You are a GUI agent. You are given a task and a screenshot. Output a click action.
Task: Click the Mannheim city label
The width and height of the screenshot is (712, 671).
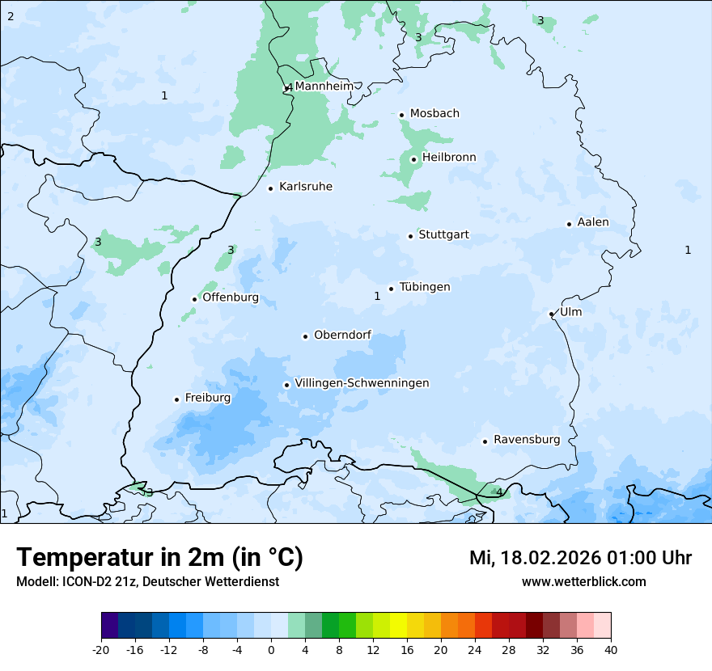[324, 87]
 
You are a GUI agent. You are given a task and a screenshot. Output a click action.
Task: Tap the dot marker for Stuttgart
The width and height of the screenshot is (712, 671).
[410, 236]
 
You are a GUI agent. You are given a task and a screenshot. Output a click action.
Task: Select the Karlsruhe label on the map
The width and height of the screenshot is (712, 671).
[306, 187]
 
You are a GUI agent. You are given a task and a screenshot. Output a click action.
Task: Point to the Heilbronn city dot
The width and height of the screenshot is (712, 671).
[413, 159]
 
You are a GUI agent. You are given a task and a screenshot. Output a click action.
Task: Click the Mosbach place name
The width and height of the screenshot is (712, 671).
[434, 114]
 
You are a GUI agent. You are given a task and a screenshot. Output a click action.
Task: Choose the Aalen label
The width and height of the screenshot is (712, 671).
[593, 222]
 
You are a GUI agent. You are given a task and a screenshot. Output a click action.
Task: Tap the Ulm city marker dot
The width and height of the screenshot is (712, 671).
[551, 314]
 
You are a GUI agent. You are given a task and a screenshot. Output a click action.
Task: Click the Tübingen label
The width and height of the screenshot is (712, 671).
[425, 287]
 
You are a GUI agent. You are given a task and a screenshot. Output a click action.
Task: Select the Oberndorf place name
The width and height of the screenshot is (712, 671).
[343, 335]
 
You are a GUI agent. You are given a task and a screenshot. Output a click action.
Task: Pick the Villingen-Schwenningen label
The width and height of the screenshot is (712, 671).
[362, 383]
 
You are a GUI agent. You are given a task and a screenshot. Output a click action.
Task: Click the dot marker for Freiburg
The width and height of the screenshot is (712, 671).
[176, 399]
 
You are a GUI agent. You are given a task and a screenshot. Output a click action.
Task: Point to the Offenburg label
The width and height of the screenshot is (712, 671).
[231, 298]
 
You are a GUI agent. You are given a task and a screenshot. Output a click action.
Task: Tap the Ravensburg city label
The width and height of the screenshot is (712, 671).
[527, 440]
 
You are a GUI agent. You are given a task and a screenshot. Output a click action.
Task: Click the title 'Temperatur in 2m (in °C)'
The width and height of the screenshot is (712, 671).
[160, 558]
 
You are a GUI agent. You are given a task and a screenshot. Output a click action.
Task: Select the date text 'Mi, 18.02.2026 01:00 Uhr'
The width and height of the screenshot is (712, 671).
[580, 558]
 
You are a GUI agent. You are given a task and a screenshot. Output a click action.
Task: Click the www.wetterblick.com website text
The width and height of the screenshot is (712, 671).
[583, 581]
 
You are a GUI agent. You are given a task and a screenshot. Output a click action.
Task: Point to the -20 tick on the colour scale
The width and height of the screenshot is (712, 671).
[101, 650]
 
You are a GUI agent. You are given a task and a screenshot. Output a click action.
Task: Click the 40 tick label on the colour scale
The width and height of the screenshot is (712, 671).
[610, 650]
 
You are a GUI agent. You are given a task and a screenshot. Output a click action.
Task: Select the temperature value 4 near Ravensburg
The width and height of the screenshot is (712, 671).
[499, 492]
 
